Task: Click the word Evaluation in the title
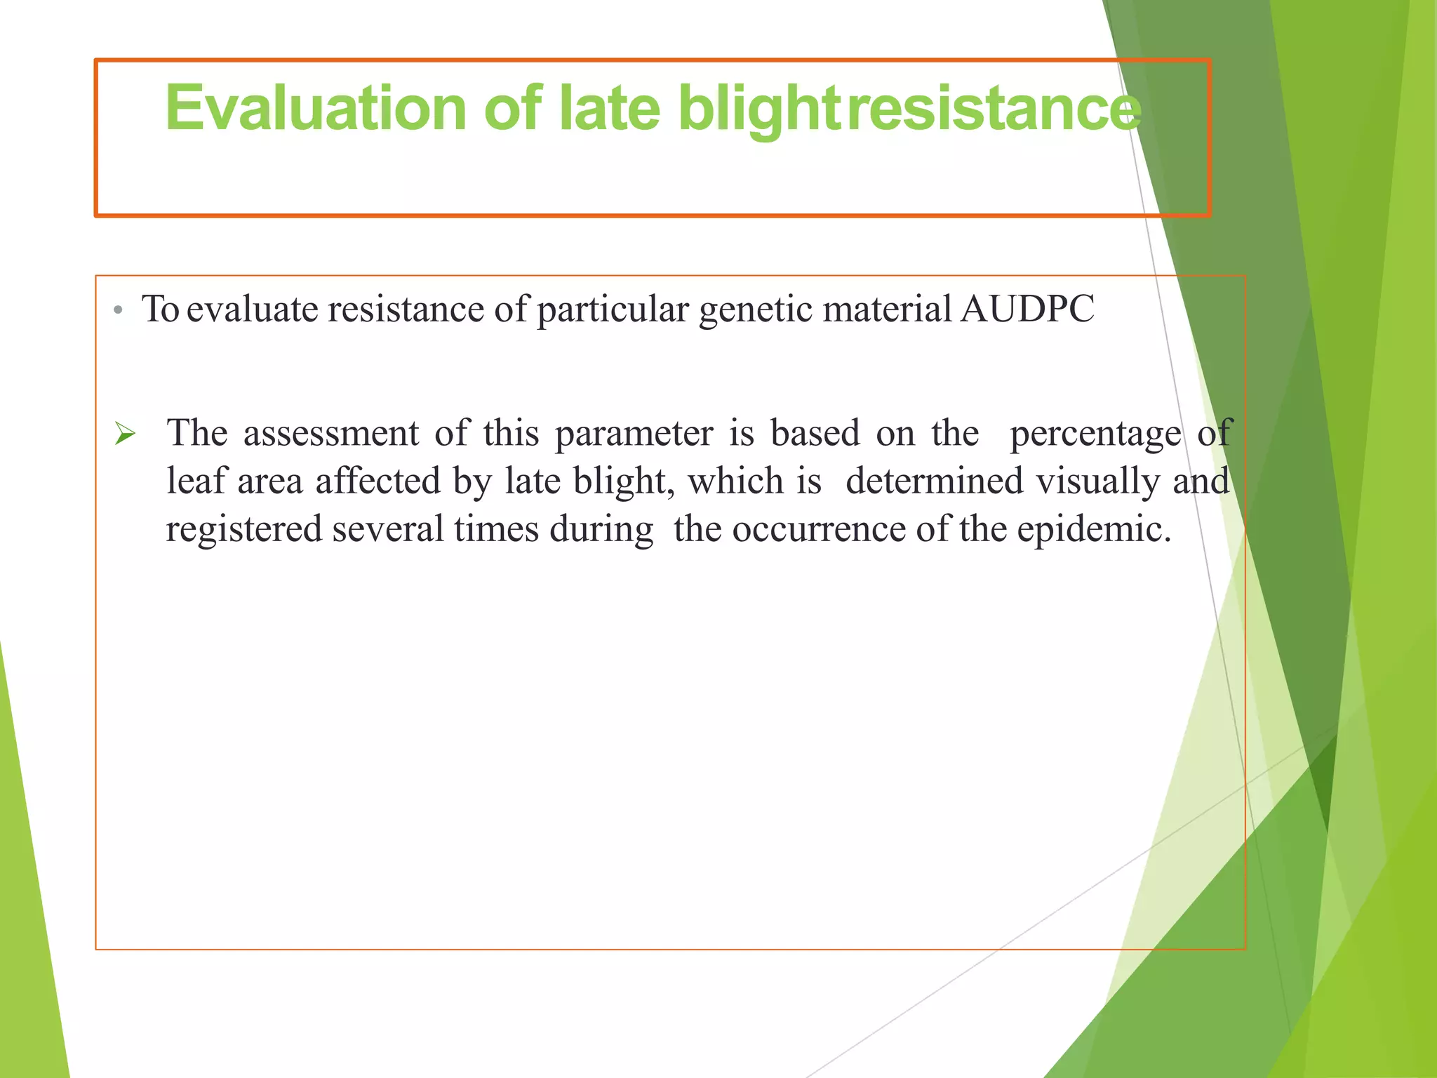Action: pos(316,109)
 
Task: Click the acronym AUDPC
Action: pos(1027,309)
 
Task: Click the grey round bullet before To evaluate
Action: pos(119,310)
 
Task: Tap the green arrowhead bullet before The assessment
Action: pos(125,434)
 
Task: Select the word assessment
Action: pos(331,433)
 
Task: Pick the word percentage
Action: pos(1095,433)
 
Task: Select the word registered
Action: pos(243,529)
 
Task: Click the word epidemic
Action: pos(1094,529)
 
